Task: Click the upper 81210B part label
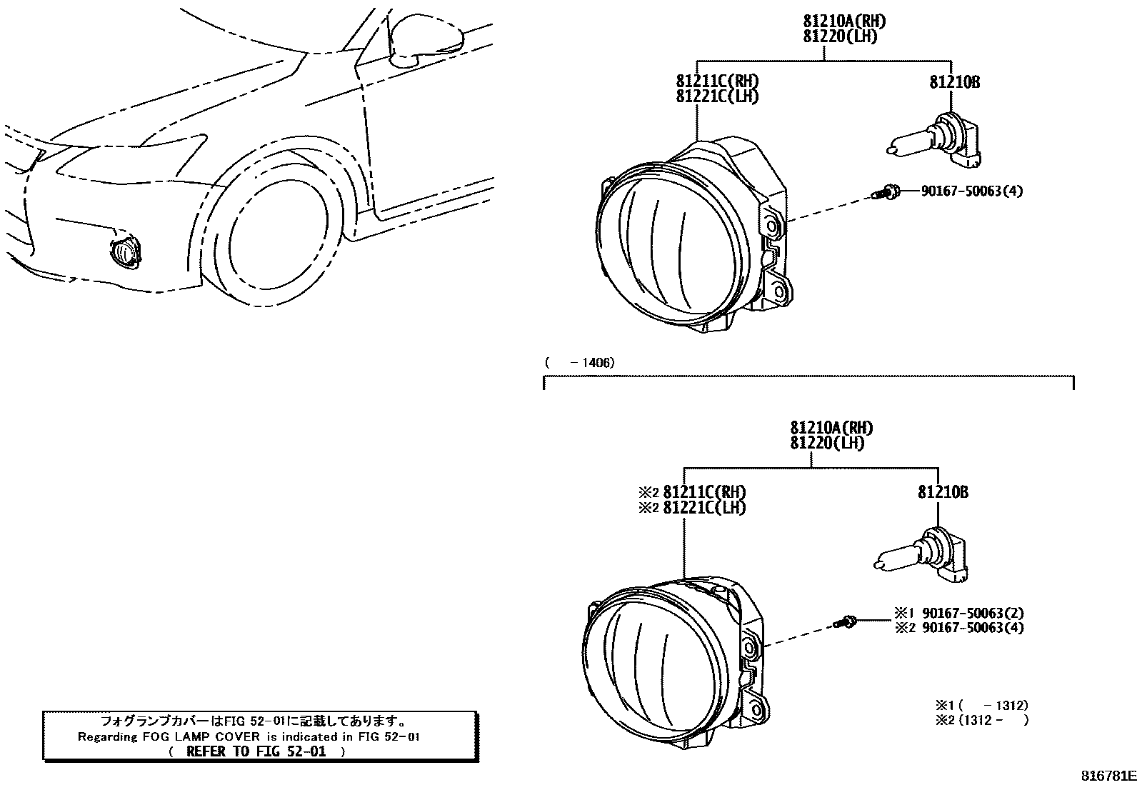click(954, 83)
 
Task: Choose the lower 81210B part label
click(943, 493)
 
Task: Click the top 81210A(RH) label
click(839, 22)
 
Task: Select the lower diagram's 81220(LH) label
click(827, 444)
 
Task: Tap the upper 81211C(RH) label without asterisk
click(717, 81)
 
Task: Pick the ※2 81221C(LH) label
click(692, 508)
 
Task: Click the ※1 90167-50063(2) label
click(958, 613)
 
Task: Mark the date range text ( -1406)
click(579, 363)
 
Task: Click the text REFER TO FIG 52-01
click(256, 751)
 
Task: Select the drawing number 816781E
click(1107, 776)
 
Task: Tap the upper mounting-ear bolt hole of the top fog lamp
click(772, 226)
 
